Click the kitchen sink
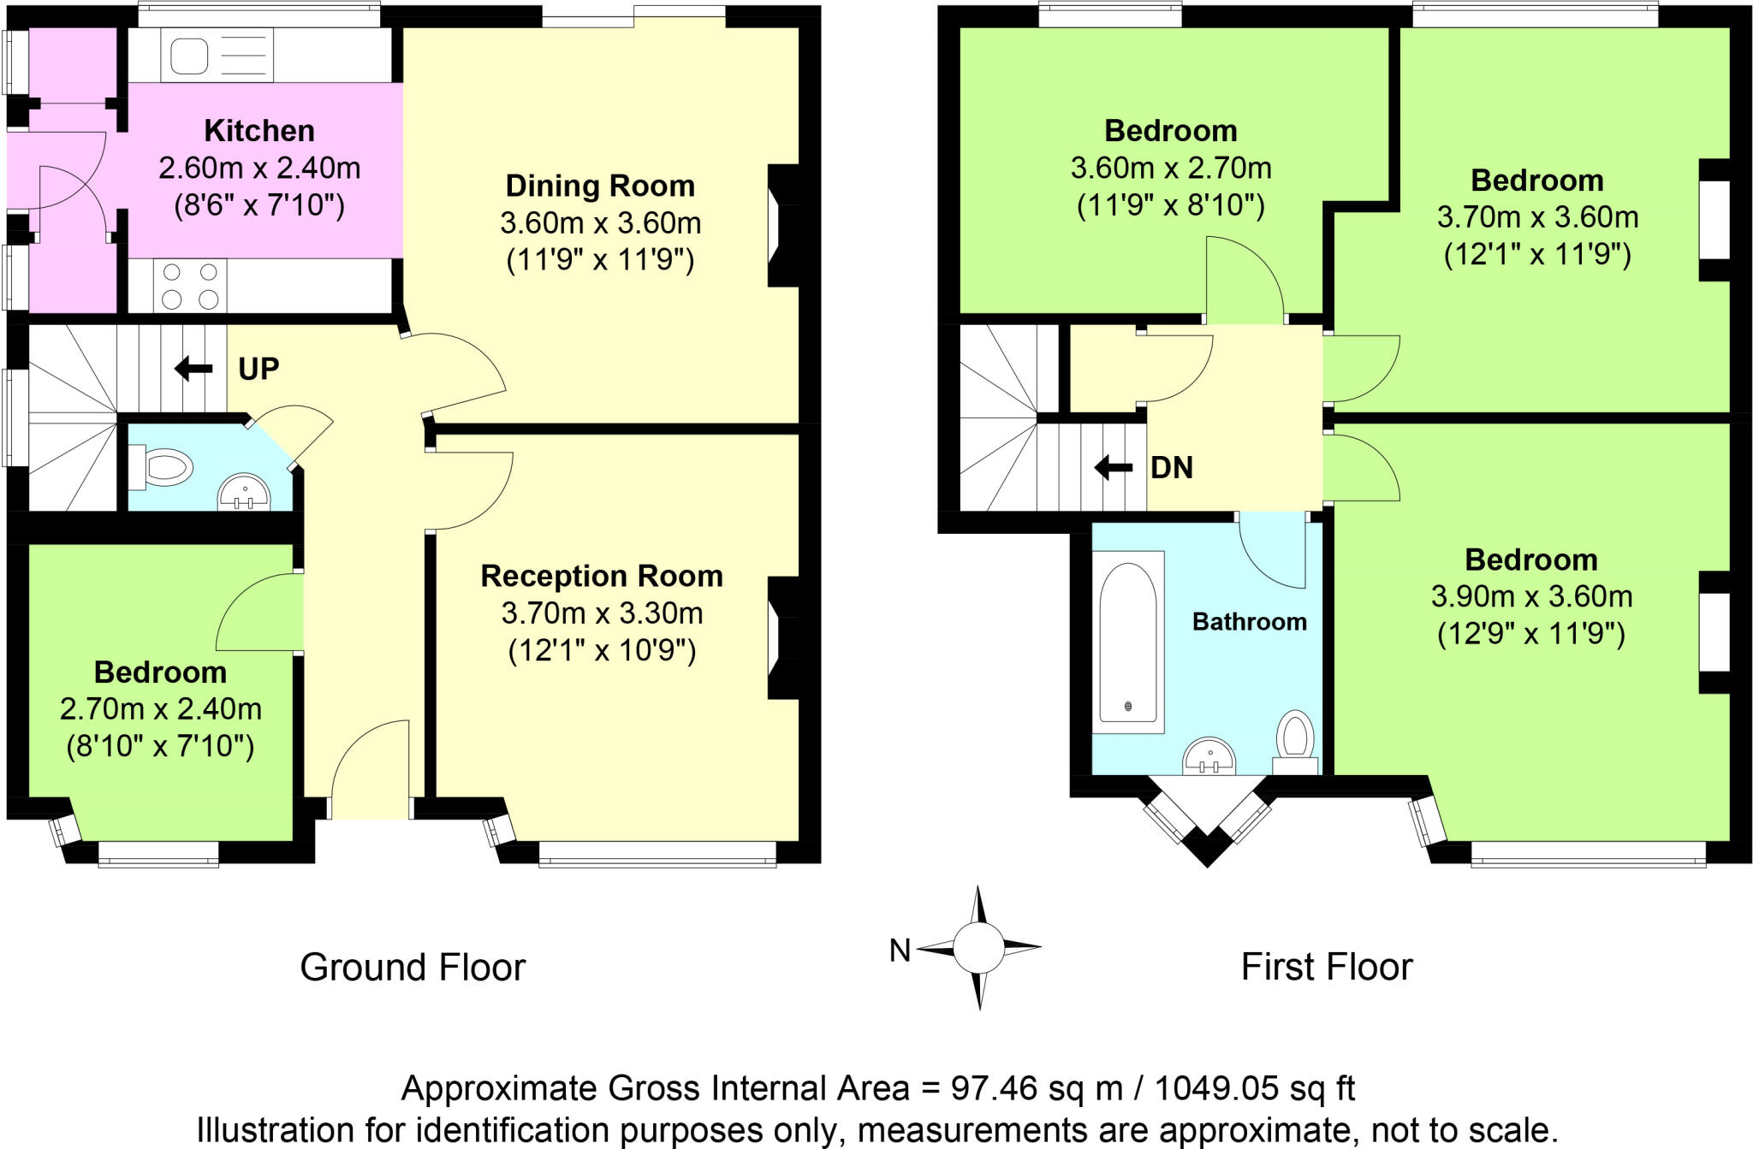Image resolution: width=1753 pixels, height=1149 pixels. [190, 56]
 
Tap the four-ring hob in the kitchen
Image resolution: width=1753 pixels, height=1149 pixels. [190, 286]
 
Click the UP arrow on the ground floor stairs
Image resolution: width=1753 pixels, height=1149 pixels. [193, 369]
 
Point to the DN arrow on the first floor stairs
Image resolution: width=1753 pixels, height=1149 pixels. [1114, 467]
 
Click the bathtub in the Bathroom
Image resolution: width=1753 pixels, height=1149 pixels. [1128, 642]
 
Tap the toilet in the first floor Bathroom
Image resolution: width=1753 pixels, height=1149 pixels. [1295, 738]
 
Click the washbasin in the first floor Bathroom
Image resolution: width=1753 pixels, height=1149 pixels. [1209, 756]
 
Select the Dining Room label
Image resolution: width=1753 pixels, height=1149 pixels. [600, 186]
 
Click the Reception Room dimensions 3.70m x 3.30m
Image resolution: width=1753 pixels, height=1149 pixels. [602, 613]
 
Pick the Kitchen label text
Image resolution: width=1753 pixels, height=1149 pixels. [259, 131]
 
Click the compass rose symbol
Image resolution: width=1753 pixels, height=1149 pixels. [978, 948]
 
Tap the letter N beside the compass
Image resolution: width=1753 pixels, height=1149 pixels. [900, 950]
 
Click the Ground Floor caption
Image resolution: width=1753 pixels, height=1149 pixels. [413, 968]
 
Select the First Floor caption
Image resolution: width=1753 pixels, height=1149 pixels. [1327, 968]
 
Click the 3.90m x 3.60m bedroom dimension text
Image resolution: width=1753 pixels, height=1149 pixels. [1531, 596]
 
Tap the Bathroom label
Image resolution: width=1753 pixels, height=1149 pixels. [1249, 622]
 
